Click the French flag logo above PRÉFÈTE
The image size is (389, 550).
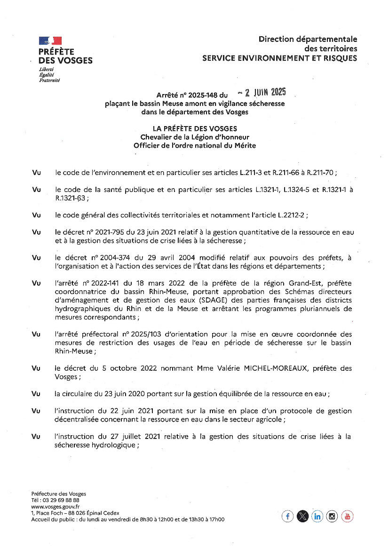click(50, 41)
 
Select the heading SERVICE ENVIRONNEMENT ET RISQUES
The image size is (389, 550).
click(279, 58)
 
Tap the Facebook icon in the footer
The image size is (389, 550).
click(287, 516)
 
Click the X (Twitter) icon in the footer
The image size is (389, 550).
click(302, 516)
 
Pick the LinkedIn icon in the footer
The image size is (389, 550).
click(318, 516)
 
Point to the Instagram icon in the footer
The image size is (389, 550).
click(333, 516)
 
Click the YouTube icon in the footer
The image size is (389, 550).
click(347, 516)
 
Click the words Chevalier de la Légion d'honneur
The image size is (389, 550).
click(195, 137)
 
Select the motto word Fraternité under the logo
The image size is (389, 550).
click(49, 80)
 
